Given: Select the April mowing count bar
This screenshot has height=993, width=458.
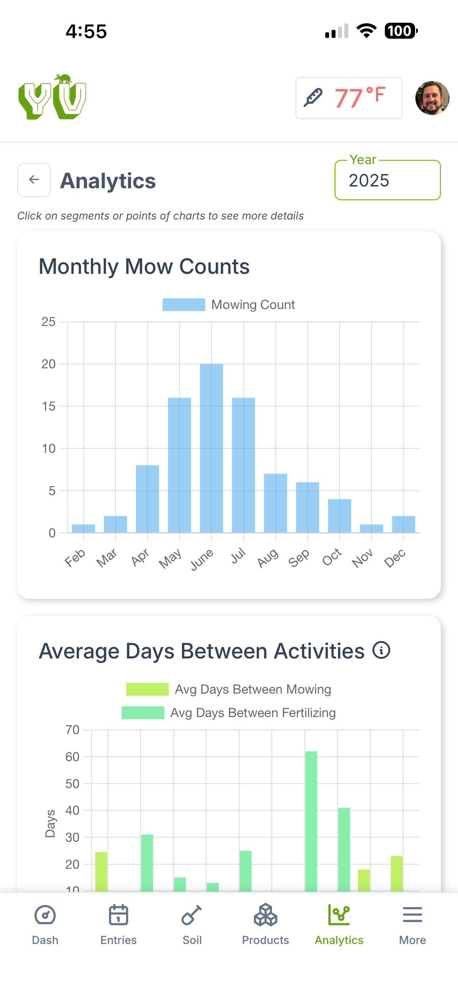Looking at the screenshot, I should [x=147, y=499].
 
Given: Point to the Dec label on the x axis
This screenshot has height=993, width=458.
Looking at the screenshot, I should [x=395, y=558].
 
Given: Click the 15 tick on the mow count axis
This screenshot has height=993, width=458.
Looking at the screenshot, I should [x=49, y=406].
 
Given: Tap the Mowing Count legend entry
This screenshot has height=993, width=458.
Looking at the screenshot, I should [x=228, y=304].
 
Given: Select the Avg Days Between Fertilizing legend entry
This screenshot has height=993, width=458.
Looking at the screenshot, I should [x=228, y=713].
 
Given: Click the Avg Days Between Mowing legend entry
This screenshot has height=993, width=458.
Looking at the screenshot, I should [x=228, y=689].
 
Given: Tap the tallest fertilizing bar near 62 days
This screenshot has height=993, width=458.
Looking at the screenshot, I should [x=311, y=821].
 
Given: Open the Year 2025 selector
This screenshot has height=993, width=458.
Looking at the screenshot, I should [x=387, y=180].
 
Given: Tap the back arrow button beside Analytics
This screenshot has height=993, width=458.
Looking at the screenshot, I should [x=34, y=180].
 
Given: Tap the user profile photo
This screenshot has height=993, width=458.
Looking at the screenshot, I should [x=432, y=98].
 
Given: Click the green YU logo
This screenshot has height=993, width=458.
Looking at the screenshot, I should [x=53, y=97].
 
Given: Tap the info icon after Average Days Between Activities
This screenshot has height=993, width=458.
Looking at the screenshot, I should [x=381, y=650].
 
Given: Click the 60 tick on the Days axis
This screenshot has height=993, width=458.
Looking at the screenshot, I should [x=72, y=757].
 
